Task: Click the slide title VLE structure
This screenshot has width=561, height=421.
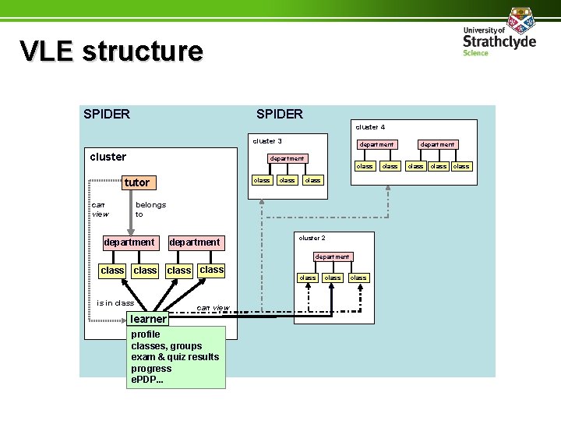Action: [111, 51]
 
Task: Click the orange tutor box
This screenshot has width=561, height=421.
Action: [136, 182]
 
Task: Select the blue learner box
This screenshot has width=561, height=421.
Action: [148, 319]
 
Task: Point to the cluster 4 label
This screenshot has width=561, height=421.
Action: [370, 126]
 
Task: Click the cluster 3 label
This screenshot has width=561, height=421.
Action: [267, 141]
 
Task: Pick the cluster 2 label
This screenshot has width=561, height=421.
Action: [312, 238]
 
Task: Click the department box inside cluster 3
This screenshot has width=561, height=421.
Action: [286, 158]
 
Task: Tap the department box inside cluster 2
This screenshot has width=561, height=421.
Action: [332, 256]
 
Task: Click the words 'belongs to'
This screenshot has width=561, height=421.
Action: [150, 209]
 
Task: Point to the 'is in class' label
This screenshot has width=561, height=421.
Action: [115, 302]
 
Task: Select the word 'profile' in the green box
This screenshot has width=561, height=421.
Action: [146, 334]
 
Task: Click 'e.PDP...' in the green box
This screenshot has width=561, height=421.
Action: [147, 380]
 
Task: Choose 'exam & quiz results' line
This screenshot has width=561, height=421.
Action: [175, 357]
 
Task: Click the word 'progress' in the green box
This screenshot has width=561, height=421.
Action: [151, 369]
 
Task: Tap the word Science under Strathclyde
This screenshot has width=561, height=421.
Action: [475, 53]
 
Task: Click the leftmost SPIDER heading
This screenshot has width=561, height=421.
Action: [107, 114]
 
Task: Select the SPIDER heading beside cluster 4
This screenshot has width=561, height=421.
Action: [280, 114]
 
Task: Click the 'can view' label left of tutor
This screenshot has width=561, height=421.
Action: [100, 209]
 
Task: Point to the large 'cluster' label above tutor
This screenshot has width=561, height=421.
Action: [108, 157]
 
